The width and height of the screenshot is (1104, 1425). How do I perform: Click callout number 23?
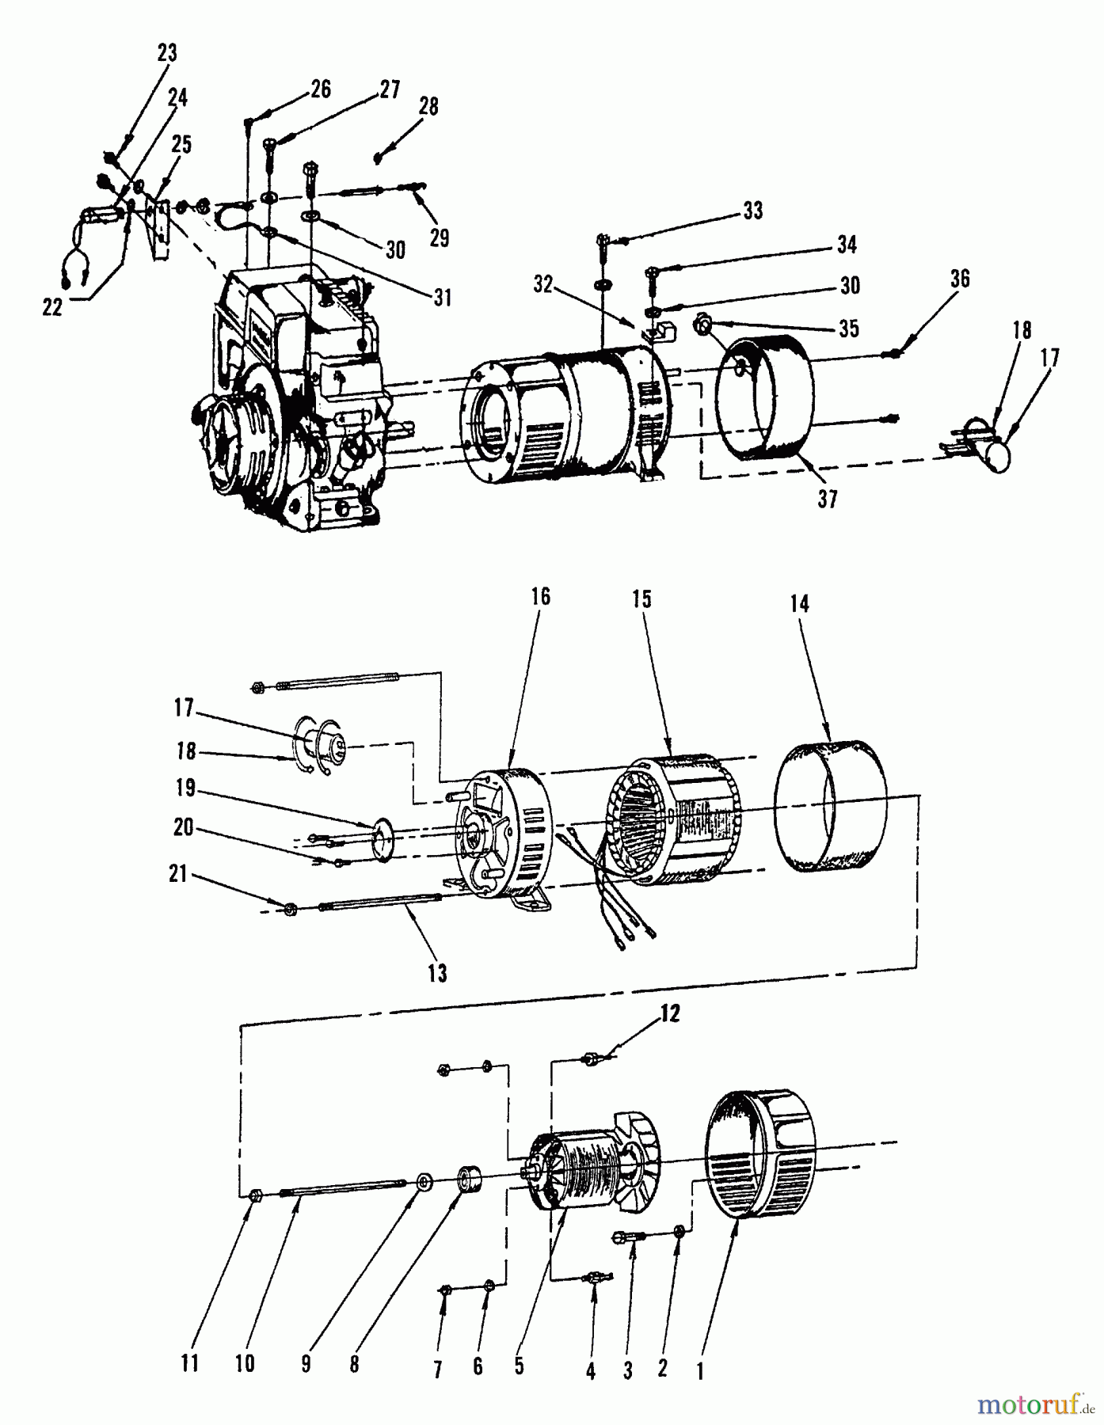coord(167,53)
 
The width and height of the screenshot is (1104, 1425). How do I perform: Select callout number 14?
coord(800,604)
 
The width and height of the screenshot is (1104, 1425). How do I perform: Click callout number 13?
coord(437,972)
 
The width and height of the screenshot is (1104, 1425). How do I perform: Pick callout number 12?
coord(670,1014)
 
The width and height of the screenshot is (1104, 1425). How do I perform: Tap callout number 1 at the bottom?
coord(700,1369)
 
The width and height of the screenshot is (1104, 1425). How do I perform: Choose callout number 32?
coord(542,285)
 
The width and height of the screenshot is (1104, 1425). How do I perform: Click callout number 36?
coord(960,279)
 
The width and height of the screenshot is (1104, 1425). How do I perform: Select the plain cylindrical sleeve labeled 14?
coord(831,805)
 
